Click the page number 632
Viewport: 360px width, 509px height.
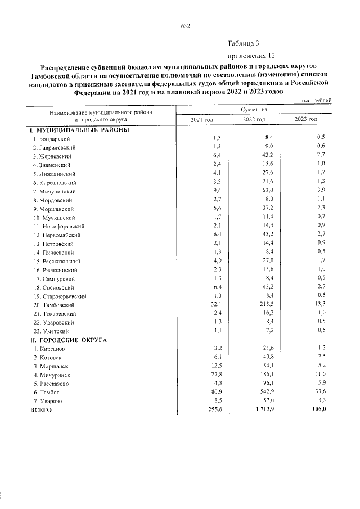186,26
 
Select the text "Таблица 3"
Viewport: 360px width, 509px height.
243,43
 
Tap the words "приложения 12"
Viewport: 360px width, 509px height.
251,56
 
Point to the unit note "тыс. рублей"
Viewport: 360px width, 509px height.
317,100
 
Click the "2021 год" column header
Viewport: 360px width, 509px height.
201,120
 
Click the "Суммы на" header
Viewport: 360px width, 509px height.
254,110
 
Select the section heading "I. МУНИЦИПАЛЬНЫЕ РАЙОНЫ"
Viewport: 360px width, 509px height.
80,129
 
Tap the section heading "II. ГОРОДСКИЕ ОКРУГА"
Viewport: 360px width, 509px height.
70,340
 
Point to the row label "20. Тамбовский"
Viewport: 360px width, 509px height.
56,305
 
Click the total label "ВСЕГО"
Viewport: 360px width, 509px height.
41,411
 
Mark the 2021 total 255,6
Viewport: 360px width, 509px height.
213,410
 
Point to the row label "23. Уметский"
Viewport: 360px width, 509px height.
52,331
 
